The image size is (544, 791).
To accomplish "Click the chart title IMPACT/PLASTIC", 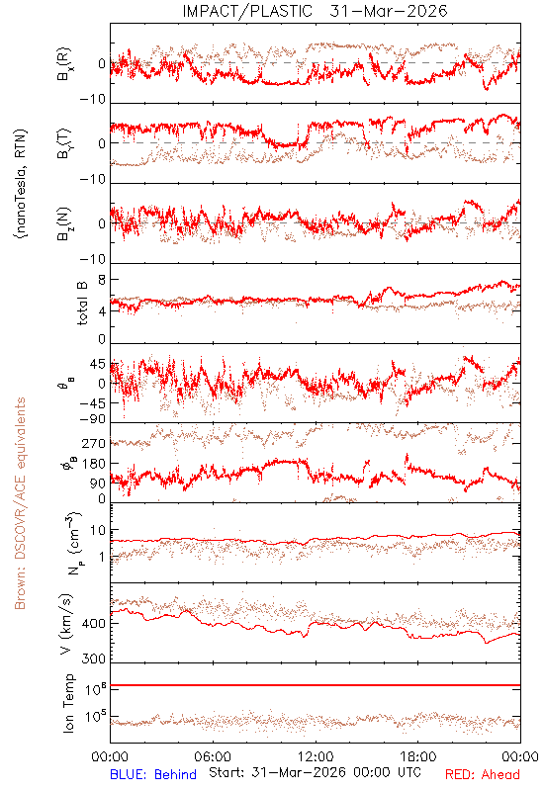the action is click(247, 11).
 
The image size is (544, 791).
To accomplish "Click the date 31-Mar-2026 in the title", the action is click(389, 11).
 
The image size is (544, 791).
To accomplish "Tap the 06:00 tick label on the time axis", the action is click(213, 756).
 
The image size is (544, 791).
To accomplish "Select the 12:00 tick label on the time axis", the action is click(316, 756).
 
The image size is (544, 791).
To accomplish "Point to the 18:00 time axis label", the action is click(418, 756).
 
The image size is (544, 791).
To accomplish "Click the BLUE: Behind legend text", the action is click(153, 774).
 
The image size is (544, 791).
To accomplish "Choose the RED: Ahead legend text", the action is click(483, 774).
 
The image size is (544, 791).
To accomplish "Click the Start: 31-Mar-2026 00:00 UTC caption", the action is click(315, 772).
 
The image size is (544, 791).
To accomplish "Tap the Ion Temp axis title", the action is click(68, 703).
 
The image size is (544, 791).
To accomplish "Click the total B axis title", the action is click(81, 304).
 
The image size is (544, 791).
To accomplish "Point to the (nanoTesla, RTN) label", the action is click(21, 184).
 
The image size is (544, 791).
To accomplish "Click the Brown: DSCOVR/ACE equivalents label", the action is click(20, 503).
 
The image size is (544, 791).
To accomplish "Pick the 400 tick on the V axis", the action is click(93, 624).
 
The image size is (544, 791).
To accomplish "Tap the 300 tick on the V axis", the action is click(93, 659).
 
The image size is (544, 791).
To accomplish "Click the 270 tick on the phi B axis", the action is click(93, 443).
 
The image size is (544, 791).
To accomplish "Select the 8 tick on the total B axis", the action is click(102, 280).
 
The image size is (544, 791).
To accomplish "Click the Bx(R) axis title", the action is click(64, 64).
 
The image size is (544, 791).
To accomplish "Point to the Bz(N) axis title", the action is click(64, 223).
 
